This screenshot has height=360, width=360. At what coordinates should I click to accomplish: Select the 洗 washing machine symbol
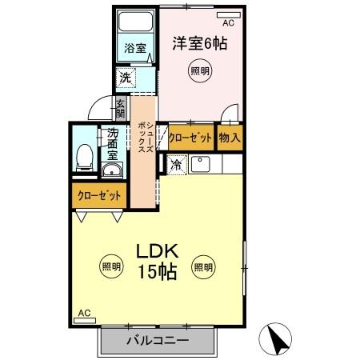[x=125, y=78]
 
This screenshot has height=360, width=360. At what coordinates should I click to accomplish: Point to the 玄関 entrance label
[x=120, y=106]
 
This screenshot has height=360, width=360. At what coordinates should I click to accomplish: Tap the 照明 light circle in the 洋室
[x=200, y=71]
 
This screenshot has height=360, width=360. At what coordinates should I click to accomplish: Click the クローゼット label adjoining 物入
[x=190, y=138]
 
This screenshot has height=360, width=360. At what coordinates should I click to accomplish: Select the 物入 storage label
[x=230, y=138]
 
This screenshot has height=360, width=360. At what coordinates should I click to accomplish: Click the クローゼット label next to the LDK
[x=99, y=195]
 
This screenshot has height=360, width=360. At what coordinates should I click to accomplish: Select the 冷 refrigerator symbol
[x=176, y=166]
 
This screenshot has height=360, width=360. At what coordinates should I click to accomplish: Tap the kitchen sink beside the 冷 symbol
[x=200, y=165]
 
